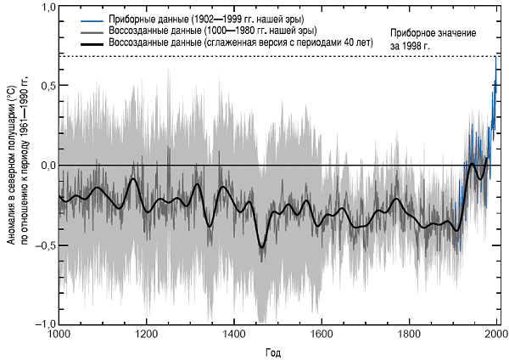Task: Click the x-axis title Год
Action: point(277,351)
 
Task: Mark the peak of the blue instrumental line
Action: point(496,58)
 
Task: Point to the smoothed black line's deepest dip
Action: point(262,246)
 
